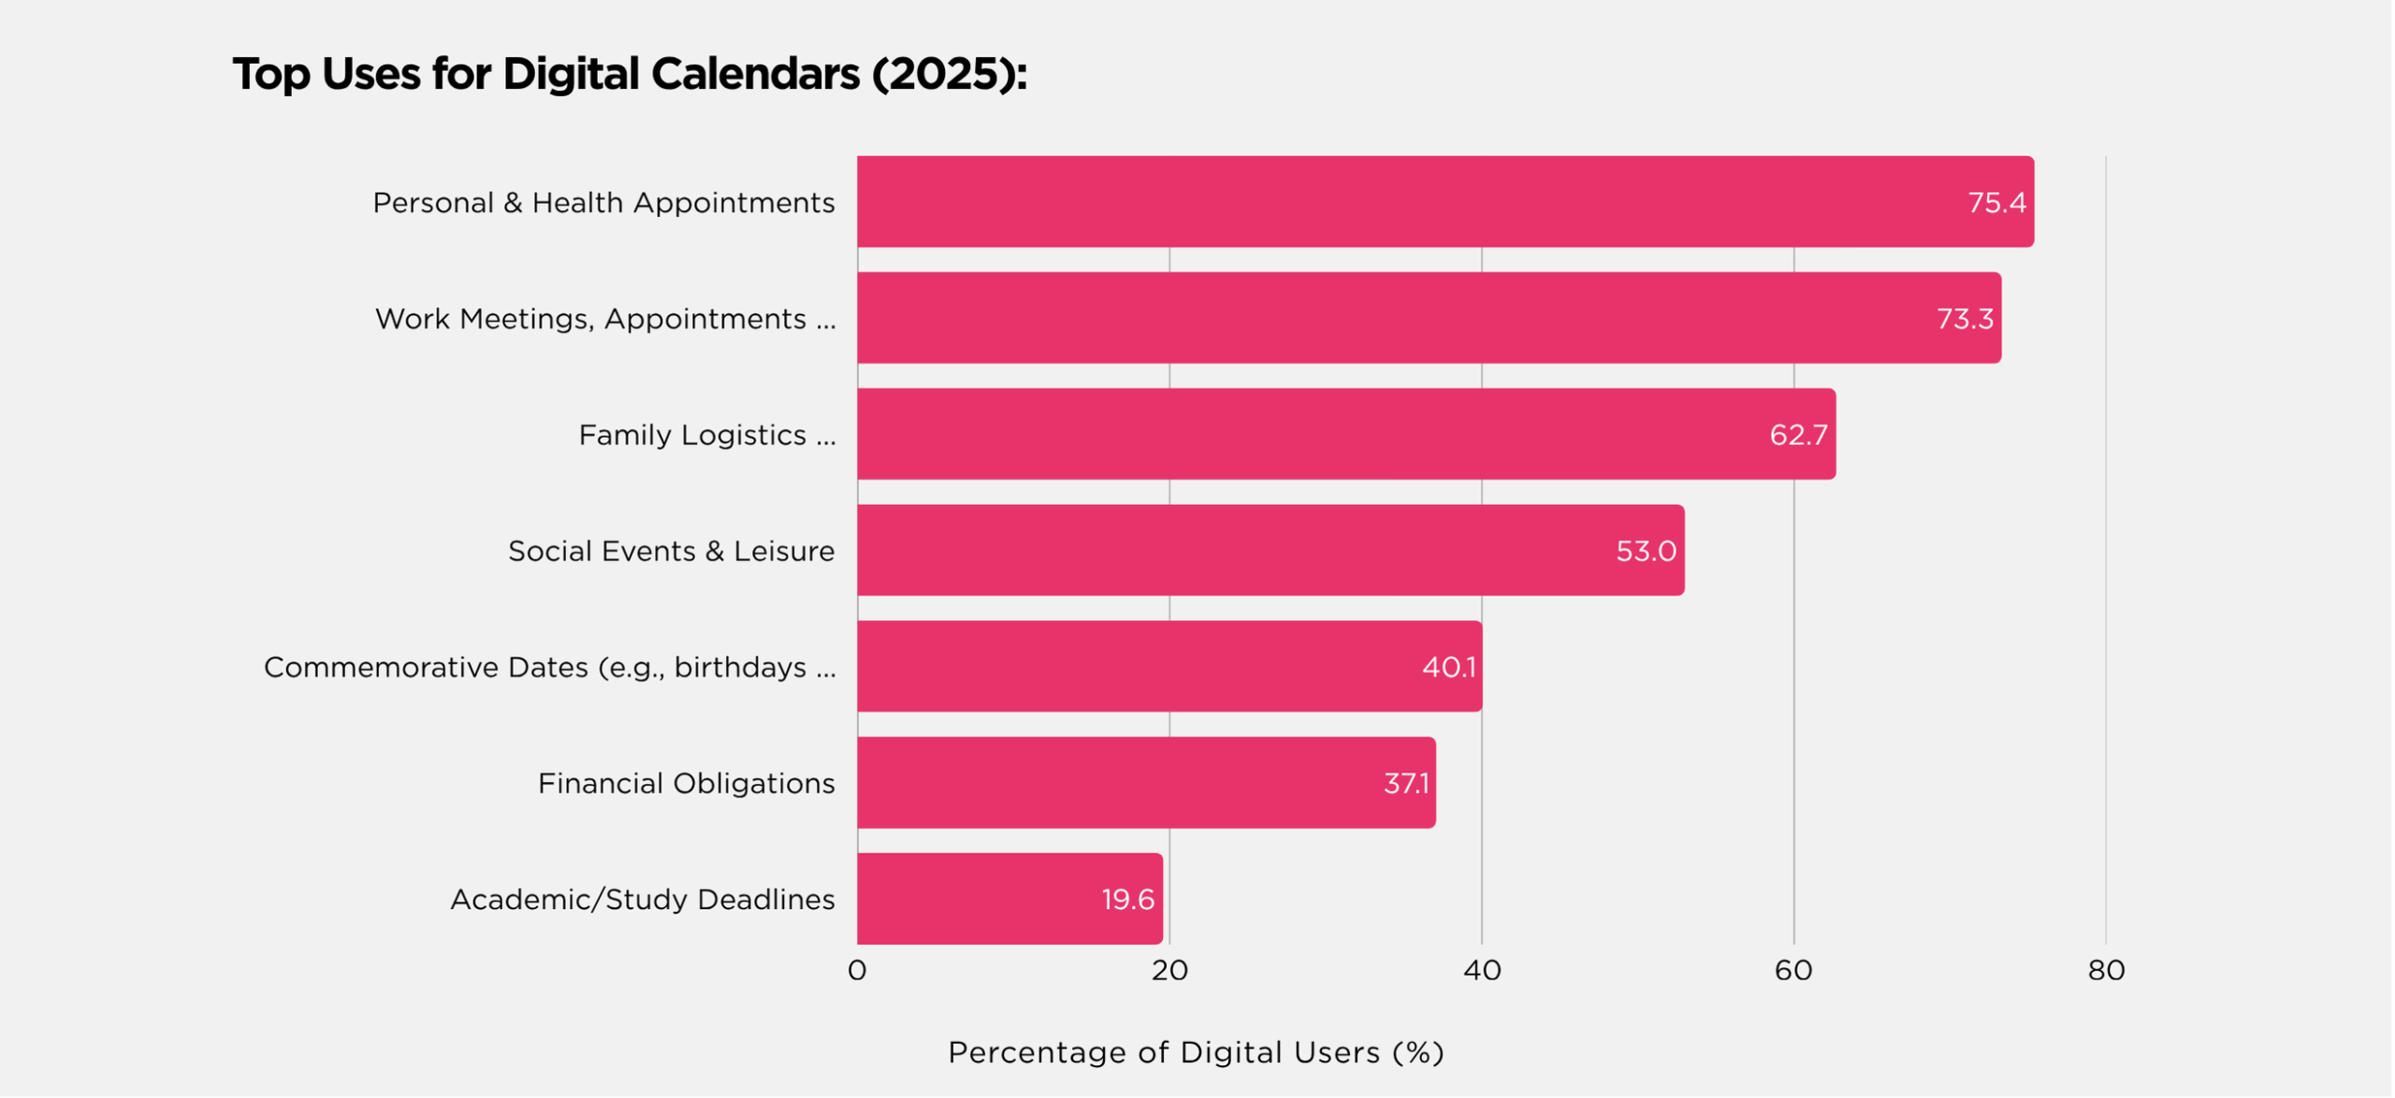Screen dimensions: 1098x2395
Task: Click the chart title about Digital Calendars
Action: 630,74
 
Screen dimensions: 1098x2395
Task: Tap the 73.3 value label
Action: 1965,319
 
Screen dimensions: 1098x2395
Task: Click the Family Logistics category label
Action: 706,435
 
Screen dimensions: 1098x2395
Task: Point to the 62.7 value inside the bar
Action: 1798,435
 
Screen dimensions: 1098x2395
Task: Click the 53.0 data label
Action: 1646,551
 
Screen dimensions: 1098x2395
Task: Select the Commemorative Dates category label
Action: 549,668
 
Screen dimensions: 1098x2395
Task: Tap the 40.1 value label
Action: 1448,668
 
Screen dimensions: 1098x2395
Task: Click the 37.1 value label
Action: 1406,784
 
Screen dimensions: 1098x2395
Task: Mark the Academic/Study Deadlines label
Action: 642,900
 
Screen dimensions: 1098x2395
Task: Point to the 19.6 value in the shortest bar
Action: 1127,900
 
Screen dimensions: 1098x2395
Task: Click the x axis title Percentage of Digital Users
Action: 1196,1053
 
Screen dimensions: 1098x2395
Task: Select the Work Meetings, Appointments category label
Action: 605,319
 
